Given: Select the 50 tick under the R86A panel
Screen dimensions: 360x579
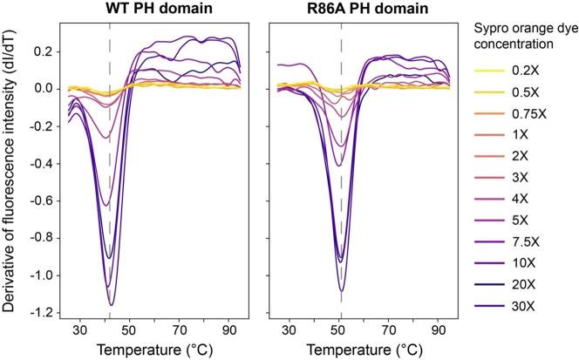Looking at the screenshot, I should click(341, 331).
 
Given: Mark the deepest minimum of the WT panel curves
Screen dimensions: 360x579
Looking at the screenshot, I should click(111, 304).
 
